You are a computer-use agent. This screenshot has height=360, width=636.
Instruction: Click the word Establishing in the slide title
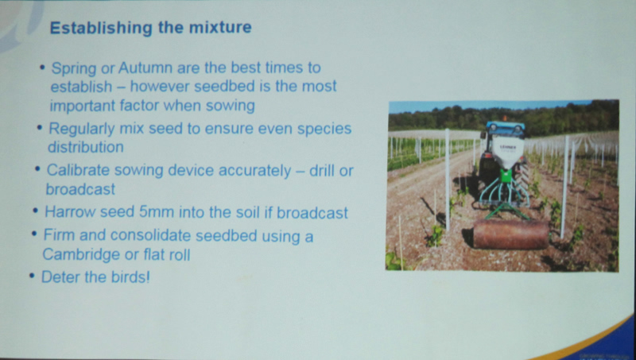[x=102, y=28]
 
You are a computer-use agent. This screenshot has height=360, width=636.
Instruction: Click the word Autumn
[x=145, y=68]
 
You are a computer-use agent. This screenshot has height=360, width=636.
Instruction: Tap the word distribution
[x=86, y=147]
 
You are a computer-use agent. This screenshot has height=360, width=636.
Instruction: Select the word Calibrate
[x=78, y=170]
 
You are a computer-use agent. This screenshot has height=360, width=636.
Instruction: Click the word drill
[x=322, y=171]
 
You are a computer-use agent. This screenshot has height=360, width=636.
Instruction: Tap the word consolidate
[x=153, y=235]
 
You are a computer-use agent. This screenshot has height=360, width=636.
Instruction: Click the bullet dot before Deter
[x=32, y=276]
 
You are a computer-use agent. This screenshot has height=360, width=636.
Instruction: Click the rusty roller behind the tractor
[x=510, y=234]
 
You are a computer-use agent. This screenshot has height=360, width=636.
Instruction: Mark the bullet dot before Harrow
[x=36, y=211]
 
